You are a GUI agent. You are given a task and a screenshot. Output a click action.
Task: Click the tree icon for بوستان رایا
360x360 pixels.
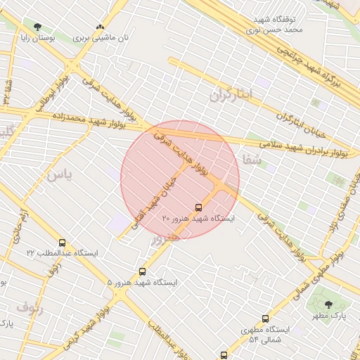37,27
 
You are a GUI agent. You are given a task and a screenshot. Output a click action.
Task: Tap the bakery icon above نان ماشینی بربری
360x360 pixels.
99,27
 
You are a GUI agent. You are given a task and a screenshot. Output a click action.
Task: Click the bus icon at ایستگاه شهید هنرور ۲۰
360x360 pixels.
198,207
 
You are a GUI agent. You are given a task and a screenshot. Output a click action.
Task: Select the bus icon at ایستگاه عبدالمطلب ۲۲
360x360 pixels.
63,243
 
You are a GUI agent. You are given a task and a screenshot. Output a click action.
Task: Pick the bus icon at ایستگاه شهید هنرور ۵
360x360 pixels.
143,271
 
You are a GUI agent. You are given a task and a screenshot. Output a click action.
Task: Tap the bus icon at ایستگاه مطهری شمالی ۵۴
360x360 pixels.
265,319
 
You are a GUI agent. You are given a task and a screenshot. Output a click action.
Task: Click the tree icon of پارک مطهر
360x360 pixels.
328,304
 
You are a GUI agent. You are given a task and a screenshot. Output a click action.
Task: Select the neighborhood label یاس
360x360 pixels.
58,176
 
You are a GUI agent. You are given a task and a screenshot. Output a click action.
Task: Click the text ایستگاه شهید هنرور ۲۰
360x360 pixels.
198,219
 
